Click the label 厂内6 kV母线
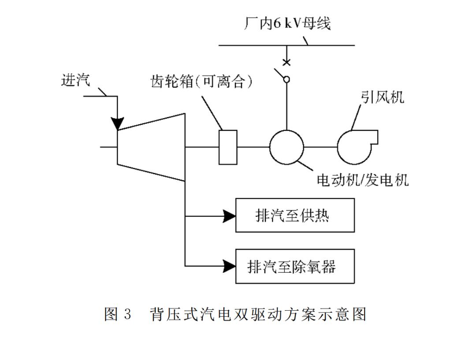[x=287, y=23]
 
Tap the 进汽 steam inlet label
[x=75, y=80]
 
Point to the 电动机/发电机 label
[x=363, y=180]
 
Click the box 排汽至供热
[x=295, y=215]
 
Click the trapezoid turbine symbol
[x=150, y=147]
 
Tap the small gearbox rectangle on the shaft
[x=228, y=147]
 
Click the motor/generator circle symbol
[x=286, y=147]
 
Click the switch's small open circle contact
[x=286, y=80]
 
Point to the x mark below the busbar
[x=286, y=62]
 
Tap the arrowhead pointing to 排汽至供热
[x=229, y=216]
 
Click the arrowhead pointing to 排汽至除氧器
[x=229, y=266]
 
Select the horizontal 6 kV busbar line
[x=264, y=45]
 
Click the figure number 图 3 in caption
[x=118, y=314]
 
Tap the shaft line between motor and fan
[x=320, y=147]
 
